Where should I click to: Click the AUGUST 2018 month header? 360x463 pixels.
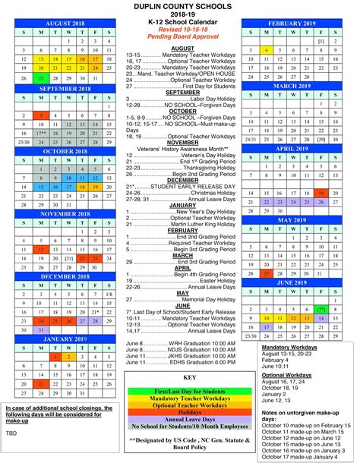(x=62, y=24)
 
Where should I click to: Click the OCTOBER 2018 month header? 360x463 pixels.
(x=62, y=151)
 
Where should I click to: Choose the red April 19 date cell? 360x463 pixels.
(x=321, y=194)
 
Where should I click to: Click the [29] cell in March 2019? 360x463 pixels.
(x=321, y=140)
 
